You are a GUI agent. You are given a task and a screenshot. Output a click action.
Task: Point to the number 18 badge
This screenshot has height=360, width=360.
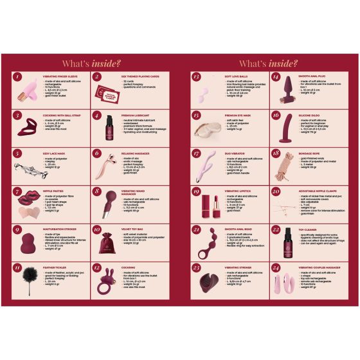[x=276, y=153]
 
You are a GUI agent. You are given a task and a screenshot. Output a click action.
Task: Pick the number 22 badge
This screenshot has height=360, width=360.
[x=276, y=230]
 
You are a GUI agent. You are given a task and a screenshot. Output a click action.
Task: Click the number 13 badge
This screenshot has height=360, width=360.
[x=196, y=78]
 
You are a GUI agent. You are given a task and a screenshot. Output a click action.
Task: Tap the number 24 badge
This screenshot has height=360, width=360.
[x=276, y=267]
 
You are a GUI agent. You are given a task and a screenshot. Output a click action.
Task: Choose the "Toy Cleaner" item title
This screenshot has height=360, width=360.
[x=309, y=228]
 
